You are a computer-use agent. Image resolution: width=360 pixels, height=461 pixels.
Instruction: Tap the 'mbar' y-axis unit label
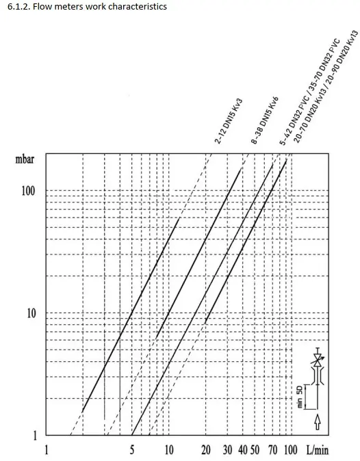25,159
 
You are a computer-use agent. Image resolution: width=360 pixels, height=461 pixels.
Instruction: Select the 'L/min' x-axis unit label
318,450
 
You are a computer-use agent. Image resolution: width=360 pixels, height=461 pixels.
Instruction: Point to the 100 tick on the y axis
28,191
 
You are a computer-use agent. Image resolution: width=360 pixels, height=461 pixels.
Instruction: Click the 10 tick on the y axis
31,313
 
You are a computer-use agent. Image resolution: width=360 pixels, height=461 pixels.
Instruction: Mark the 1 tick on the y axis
35,436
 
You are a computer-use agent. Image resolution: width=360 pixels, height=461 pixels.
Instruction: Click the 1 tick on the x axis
46,450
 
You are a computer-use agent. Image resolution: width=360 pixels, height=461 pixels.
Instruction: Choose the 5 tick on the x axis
132,450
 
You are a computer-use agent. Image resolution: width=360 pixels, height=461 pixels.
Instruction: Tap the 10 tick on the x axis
169,450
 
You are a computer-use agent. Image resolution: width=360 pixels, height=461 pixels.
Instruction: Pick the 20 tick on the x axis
206,450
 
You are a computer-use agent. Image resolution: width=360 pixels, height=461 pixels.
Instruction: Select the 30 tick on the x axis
227,450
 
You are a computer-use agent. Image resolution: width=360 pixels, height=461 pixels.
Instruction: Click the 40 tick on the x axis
243,450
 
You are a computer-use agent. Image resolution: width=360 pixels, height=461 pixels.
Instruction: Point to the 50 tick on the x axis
255,450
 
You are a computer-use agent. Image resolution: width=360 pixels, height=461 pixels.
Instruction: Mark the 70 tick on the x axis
272,450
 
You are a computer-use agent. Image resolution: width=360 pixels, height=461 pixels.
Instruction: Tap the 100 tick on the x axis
291,450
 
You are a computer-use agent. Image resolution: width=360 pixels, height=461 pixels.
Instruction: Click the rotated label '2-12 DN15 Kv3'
229,121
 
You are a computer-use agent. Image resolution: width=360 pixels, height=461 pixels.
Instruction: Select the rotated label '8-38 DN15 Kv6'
265,120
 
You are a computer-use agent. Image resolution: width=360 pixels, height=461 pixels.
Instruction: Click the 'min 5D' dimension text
300,397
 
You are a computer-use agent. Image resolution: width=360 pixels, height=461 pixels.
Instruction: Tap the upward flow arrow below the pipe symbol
318,421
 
